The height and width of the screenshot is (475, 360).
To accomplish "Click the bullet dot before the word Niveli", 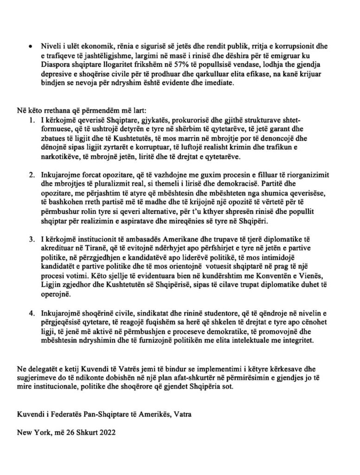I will pos(30,47).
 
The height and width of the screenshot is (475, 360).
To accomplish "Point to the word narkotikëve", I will pos(61,158).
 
